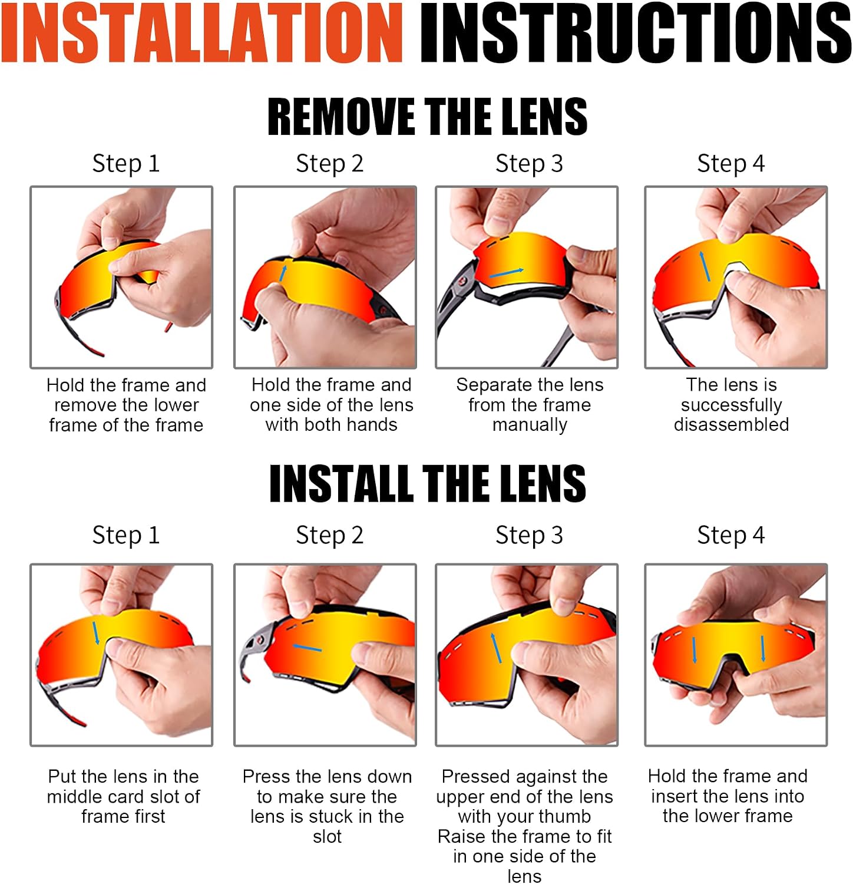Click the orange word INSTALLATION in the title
(202, 32)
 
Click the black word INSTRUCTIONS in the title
(636, 32)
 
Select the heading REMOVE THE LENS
(427, 116)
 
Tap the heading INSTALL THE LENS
(427, 483)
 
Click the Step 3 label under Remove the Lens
(529, 164)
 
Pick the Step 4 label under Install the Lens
(730, 536)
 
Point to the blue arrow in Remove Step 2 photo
(283, 273)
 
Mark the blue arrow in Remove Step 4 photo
(705, 266)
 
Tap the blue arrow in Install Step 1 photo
(95, 633)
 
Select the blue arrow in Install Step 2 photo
(308, 648)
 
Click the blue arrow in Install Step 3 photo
(496, 648)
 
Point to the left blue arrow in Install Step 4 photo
(695, 650)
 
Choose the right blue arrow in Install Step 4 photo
(763, 648)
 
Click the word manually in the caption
(530, 425)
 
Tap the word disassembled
(731, 424)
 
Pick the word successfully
(731, 405)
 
